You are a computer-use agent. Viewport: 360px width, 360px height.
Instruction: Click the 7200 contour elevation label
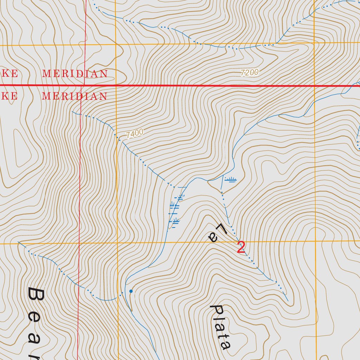(250, 73)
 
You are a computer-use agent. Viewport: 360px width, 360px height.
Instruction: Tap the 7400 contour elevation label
(134, 134)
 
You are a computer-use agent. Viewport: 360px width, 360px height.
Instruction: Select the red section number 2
(241, 247)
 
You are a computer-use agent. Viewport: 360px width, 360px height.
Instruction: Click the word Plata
(220, 327)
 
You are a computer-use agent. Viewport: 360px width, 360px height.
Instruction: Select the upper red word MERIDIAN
(75, 74)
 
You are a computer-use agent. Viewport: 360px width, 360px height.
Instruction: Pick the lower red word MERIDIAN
(75, 96)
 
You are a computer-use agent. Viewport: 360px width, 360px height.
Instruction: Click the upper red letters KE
(9, 74)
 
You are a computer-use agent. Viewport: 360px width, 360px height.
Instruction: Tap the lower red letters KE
(9, 96)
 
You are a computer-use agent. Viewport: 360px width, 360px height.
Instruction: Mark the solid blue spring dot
(131, 291)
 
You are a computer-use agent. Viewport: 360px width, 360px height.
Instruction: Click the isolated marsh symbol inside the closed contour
(230, 180)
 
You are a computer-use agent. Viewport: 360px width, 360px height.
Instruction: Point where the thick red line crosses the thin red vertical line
(81, 85)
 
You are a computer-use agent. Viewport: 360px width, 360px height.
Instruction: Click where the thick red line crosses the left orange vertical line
(116, 85)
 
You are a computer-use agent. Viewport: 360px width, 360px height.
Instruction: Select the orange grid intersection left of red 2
(117, 243)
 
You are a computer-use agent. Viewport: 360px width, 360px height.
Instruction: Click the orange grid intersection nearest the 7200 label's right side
(313, 43)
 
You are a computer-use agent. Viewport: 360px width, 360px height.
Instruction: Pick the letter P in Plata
(215, 310)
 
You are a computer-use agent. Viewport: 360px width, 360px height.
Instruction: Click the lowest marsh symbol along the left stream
(174, 221)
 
